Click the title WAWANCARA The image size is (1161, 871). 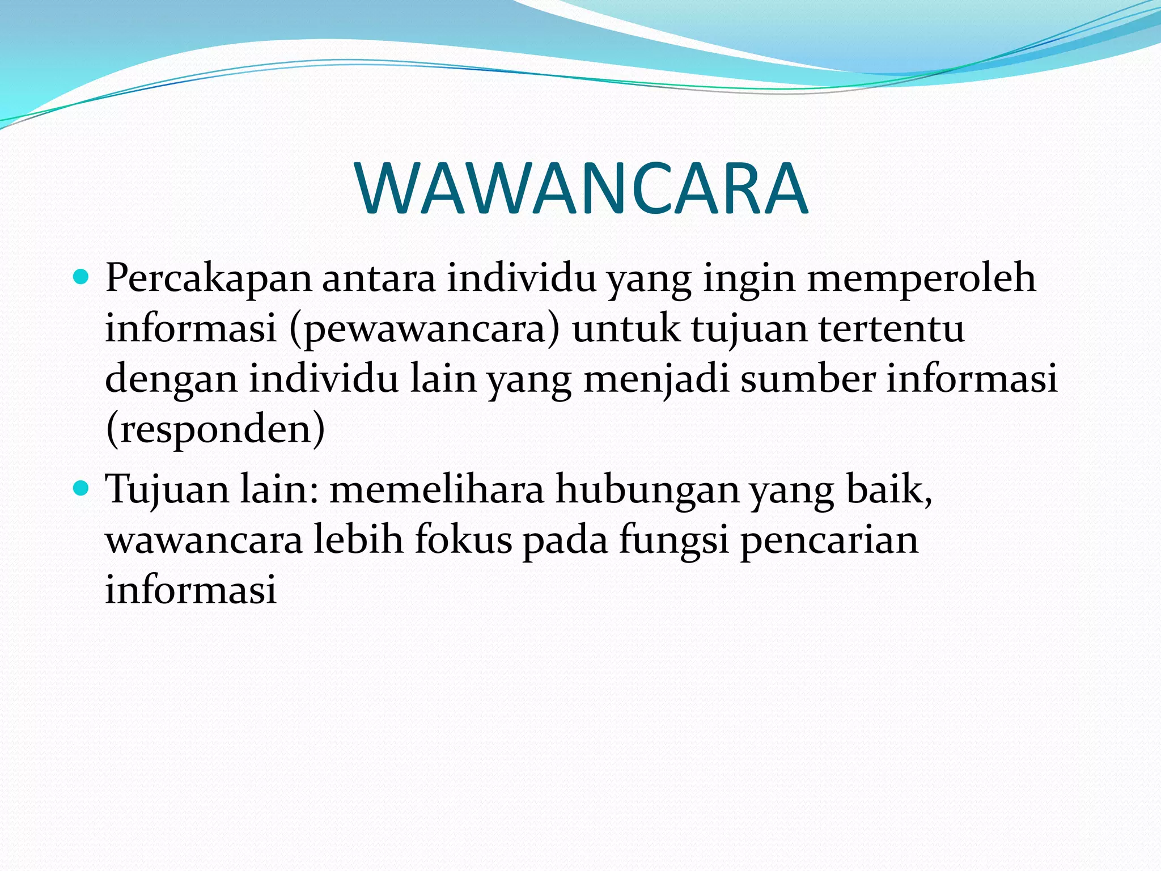tap(582, 189)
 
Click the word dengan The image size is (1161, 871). tap(171, 380)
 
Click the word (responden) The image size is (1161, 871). tap(215, 429)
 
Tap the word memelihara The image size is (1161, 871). tap(437, 489)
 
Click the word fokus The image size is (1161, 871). tap(463, 539)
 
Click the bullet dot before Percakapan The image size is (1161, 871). tap(82, 277)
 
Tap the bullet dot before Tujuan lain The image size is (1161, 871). tap(82, 487)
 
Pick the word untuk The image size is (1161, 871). tap(626, 329)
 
